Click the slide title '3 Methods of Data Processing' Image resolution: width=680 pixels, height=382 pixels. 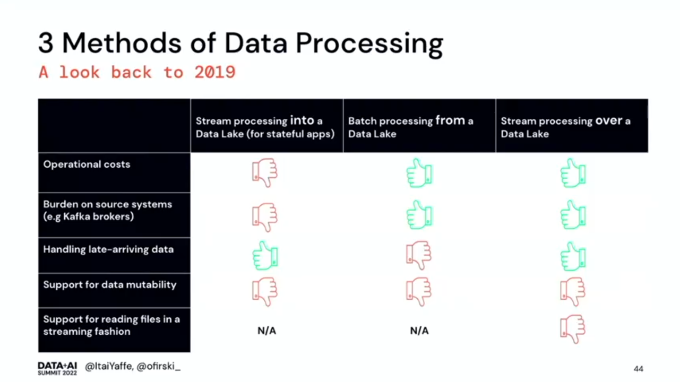point(240,44)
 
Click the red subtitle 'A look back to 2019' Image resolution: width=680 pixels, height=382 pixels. point(137,72)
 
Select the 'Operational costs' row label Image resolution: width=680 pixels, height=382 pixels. point(87,164)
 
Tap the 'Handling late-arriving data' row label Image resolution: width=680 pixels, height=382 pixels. point(108,249)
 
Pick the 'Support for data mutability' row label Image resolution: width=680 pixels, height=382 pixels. point(109,284)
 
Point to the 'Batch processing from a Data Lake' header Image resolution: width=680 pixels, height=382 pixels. point(410,127)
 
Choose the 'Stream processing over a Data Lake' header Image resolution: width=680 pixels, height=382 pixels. point(565,127)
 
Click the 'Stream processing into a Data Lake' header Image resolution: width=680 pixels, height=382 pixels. point(265,127)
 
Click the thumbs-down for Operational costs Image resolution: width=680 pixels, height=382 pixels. point(265,172)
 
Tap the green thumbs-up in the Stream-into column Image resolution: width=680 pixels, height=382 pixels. point(265,256)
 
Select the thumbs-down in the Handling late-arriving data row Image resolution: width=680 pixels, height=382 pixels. point(419,255)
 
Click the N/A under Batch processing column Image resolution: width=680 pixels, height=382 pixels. point(419,331)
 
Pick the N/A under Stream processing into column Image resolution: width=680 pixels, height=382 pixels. point(267,331)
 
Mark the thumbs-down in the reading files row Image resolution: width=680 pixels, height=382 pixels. point(573,329)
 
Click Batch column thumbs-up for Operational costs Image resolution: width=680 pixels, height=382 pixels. point(419,173)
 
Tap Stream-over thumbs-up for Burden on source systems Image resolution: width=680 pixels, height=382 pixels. point(573,215)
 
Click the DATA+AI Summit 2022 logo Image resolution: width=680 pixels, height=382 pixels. point(57,368)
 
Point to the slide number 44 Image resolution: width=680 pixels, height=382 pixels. point(639,369)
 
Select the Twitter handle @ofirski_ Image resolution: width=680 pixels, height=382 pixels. point(159,367)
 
